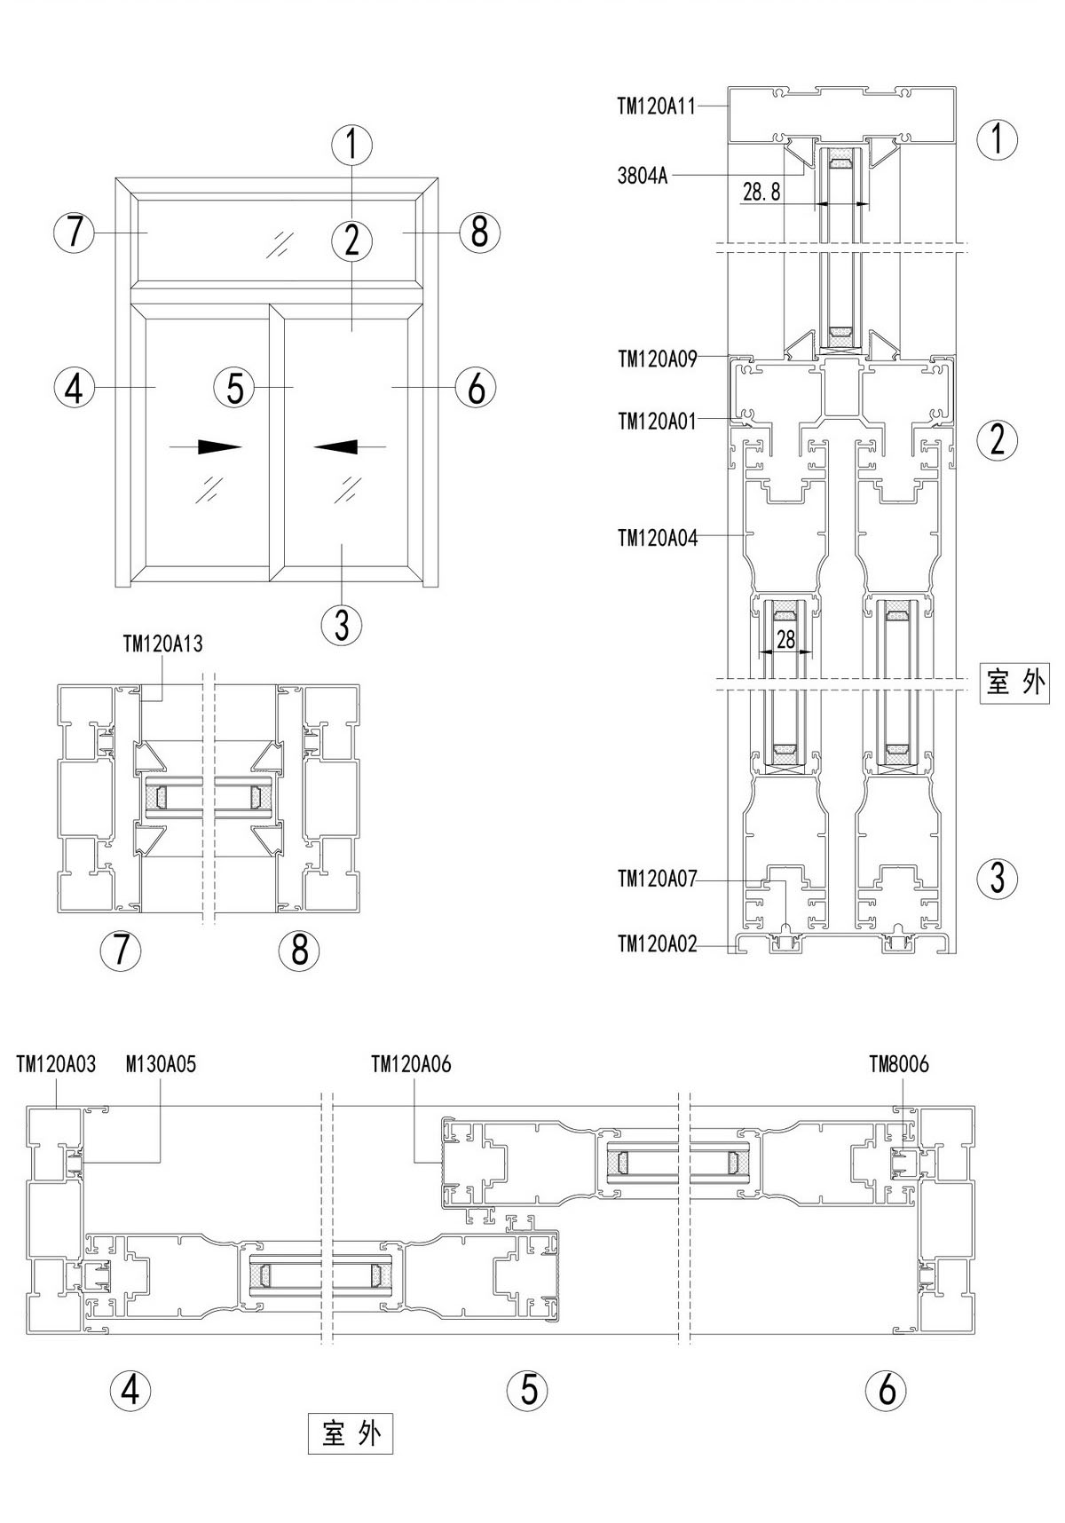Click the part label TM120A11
tap(657, 106)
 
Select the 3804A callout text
tap(642, 175)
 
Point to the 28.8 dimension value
tap(761, 192)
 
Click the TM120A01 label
tap(657, 421)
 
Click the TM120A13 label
tap(162, 644)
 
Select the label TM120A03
tap(56, 1063)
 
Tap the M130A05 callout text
tap(161, 1063)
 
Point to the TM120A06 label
tap(411, 1063)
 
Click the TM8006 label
tap(899, 1063)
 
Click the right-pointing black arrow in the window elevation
tap(218, 446)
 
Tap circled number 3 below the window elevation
tap(342, 625)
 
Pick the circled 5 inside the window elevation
tap(234, 387)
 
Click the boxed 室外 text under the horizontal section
tap(351, 1433)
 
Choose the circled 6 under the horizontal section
tap(887, 1389)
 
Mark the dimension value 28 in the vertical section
tap(785, 639)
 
